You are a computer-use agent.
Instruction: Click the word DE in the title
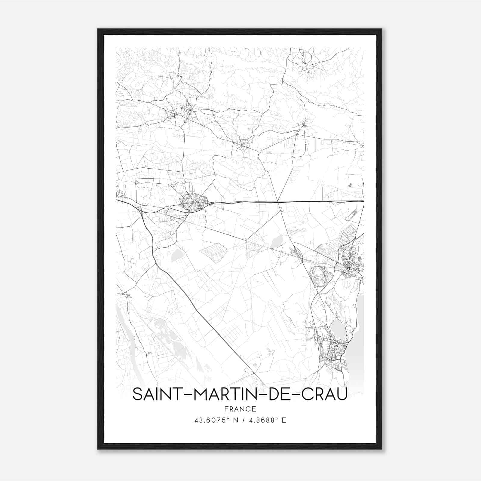(277, 394)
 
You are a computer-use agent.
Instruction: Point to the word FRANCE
(240, 409)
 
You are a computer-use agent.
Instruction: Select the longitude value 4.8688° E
(266, 420)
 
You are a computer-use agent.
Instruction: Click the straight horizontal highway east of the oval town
(286, 201)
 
